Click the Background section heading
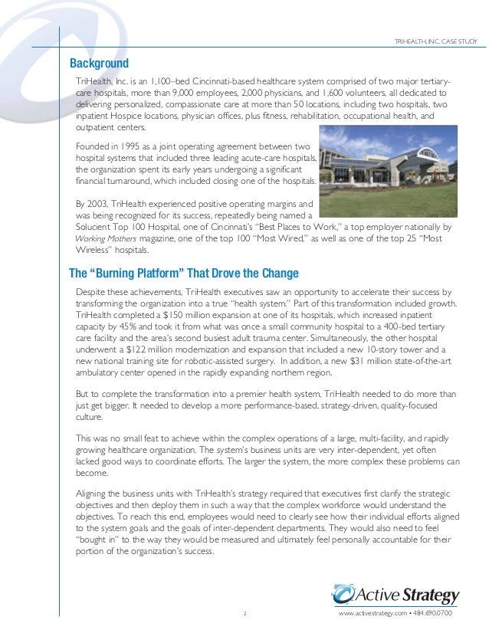99,63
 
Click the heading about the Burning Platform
184,274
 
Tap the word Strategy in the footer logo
434,595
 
